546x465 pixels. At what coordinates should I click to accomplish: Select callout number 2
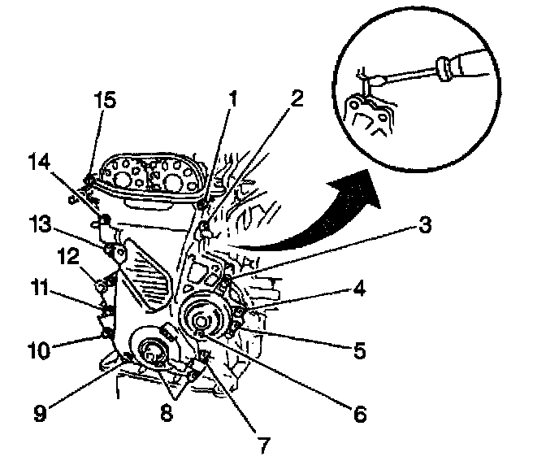click(x=296, y=100)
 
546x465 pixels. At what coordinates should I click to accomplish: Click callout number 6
click(x=358, y=414)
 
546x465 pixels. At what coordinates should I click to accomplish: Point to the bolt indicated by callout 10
click(x=105, y=333)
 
